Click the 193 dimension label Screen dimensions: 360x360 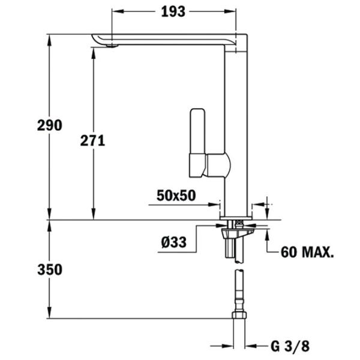tap(173, 12)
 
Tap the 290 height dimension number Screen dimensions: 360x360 tap(50, 125)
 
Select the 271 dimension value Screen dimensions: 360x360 tap(92, 140)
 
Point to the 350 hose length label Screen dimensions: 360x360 tap(50, 269)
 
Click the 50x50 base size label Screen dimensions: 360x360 tap(176, 196)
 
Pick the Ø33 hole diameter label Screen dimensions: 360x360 tap(174, 242)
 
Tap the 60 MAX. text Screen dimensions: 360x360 tap(307, 252)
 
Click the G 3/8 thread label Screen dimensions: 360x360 tap(290, 346)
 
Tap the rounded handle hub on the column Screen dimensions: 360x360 tap(218, 165)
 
